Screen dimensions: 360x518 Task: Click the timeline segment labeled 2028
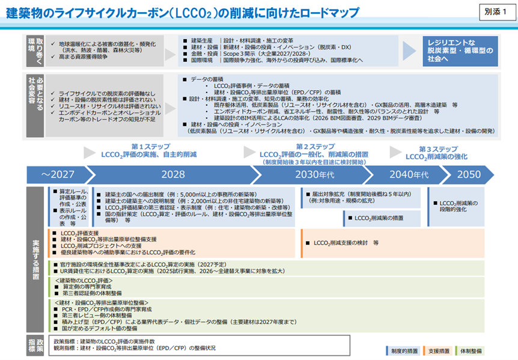[172, 174]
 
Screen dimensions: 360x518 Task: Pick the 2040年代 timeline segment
[409, 174]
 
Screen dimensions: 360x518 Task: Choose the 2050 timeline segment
[469, 174]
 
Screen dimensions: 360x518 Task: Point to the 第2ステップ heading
[315, 147]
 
